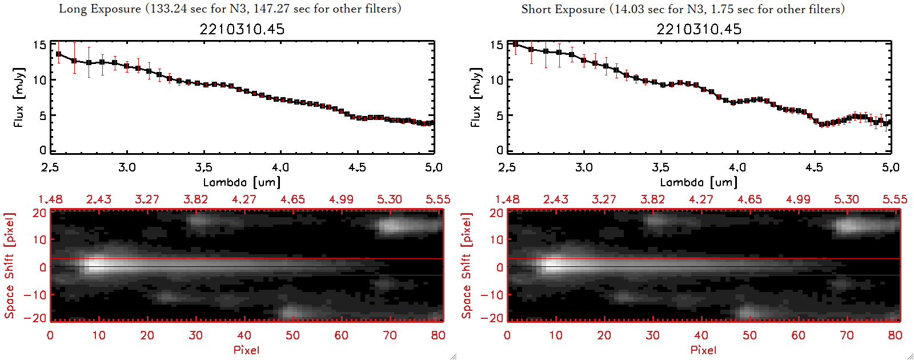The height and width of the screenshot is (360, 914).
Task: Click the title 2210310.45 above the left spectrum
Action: click(x=242, y=29)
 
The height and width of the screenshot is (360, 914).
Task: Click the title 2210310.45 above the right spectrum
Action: click(x=699, y=29)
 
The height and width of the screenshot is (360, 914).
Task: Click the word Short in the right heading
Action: click(x=536, y=9)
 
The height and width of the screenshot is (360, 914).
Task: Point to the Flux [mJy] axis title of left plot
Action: click(x=19, y=98)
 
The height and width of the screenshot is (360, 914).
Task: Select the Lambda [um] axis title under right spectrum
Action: click(x=699, y=182)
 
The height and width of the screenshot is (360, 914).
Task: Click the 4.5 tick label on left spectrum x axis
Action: click(x=357, y=167)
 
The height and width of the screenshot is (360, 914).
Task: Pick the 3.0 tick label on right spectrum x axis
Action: click(x=584, y=167)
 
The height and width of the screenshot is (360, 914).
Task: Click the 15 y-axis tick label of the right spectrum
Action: click(x=496, y=45)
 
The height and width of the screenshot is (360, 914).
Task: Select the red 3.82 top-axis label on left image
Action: click(x=195, y=199)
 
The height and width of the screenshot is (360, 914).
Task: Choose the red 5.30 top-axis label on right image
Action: click(x=846, y=199)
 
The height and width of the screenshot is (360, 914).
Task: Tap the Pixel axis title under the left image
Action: click(x=246, y=350)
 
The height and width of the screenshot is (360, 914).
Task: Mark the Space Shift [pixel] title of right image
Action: click(x=467, y=266)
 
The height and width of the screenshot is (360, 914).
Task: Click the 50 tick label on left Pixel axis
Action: click(x=292, y=335)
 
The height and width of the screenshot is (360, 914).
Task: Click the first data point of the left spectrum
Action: click(x=58, y=54)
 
